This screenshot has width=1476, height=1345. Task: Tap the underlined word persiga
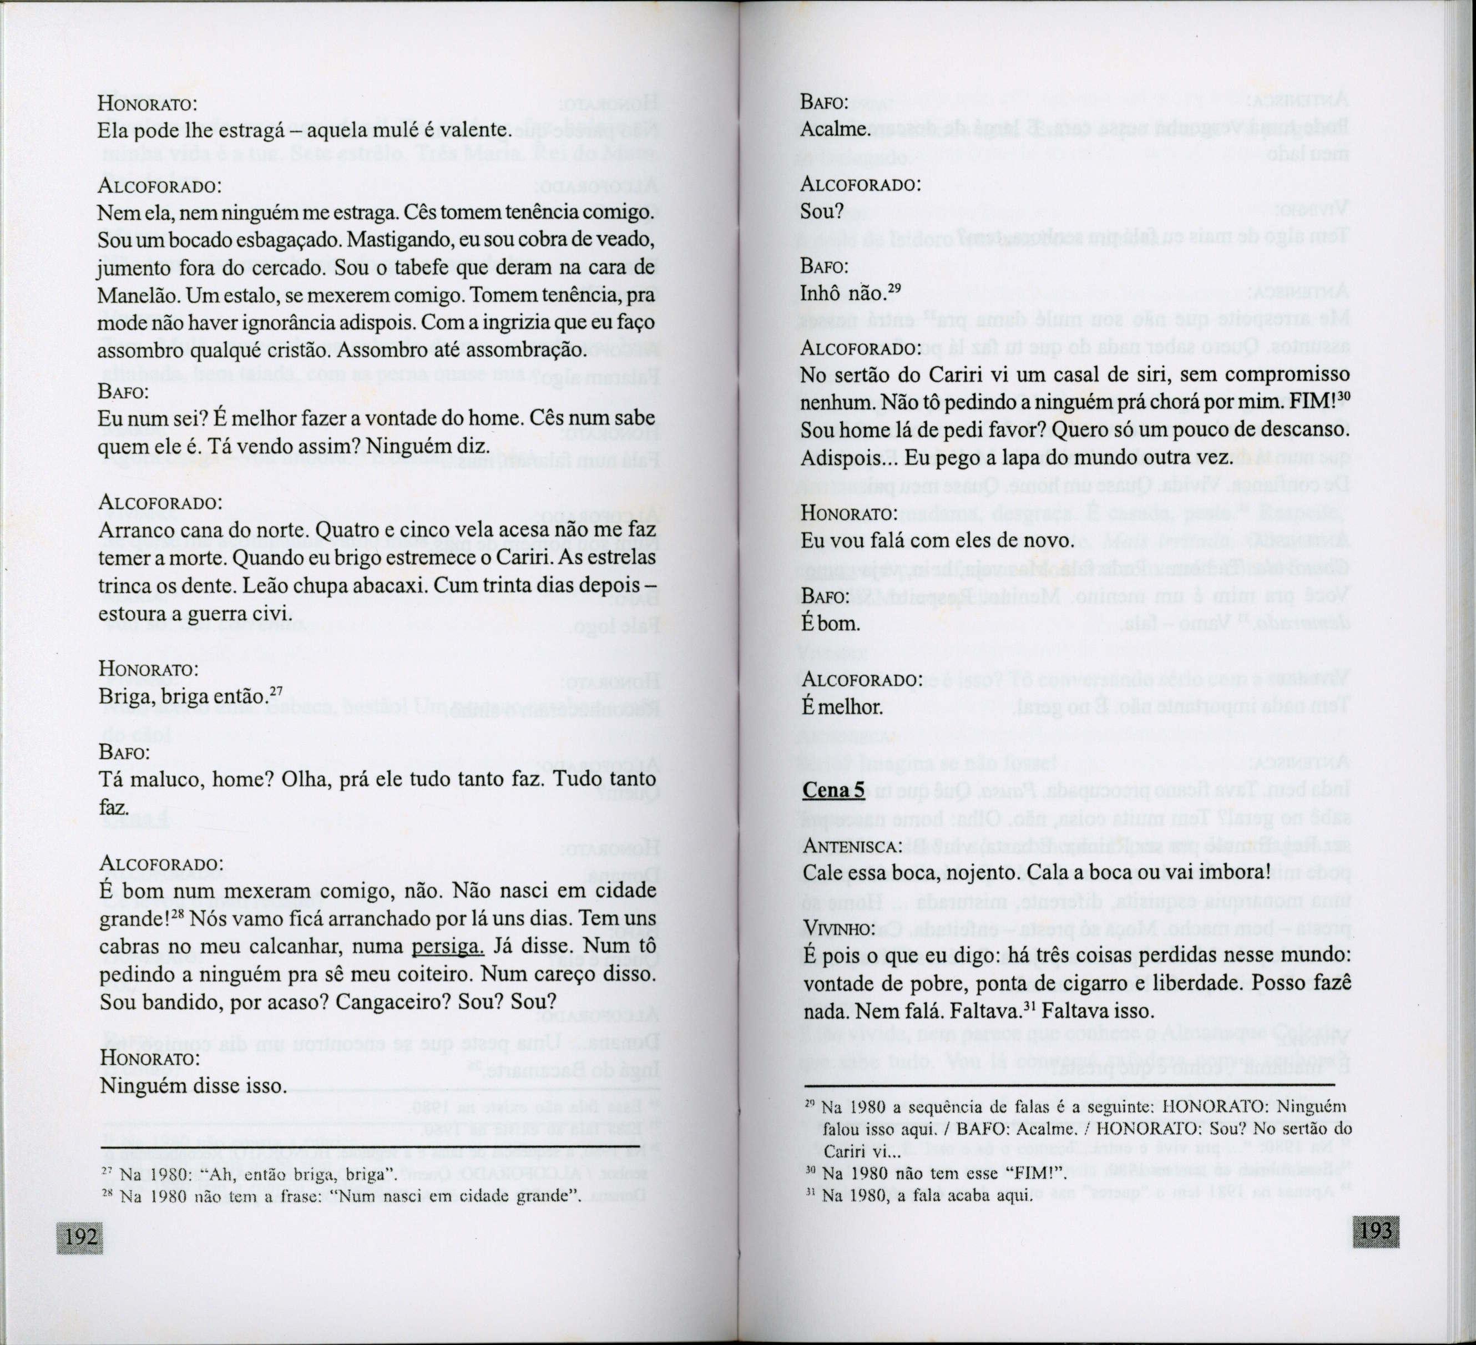[447, 947]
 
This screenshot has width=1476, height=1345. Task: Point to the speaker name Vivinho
[839, 929]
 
